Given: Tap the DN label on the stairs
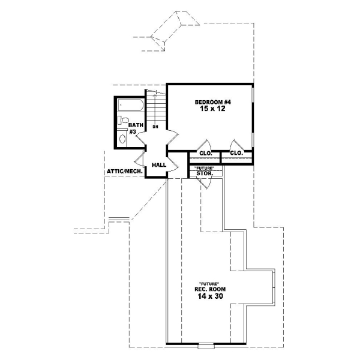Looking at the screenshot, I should click(155, 127).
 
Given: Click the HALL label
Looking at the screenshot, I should click(158, 164).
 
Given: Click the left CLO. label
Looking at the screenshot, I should click(205, 153).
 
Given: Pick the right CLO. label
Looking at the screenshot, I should click(236, 153).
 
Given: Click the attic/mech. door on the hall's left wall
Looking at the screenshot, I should click(140, 158).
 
